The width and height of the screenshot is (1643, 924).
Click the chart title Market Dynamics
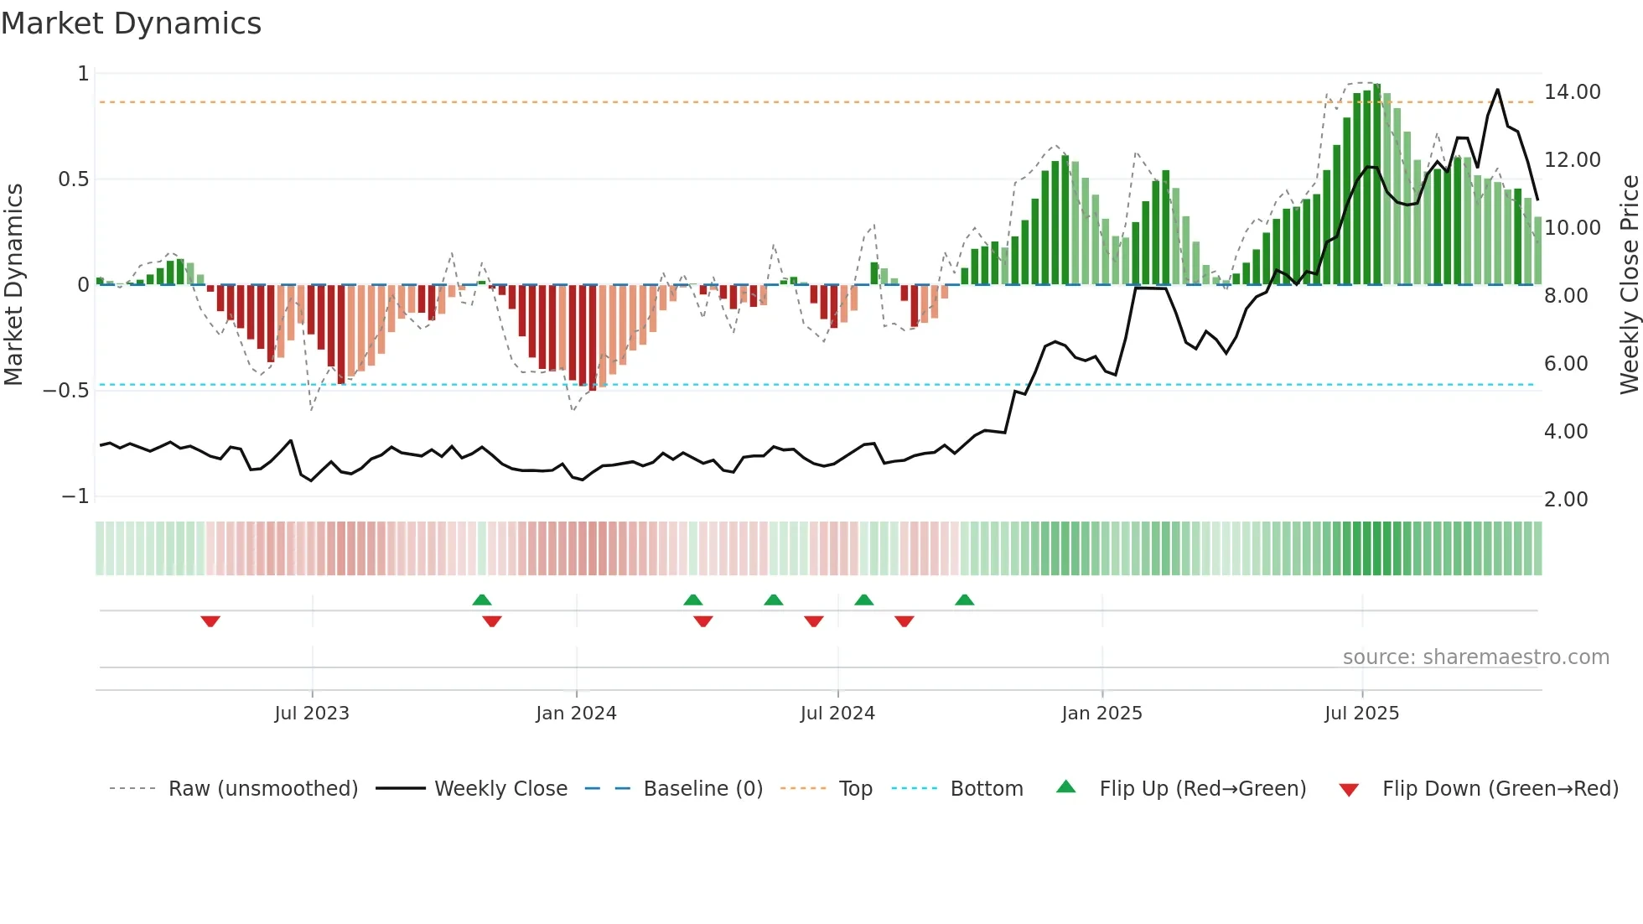pos(132,23)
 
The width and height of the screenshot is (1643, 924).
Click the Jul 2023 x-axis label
pos(312,714)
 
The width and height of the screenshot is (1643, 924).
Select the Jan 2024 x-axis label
pos(576,714)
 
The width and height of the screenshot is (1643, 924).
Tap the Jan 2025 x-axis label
pos(1101,714)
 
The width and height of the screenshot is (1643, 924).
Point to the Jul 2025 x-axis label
pos(1361,714)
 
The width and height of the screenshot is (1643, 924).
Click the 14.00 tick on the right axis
pos(1572,92)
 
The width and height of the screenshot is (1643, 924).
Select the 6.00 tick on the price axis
pos(1566,364)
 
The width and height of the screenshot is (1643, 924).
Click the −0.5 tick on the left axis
pos(66,391)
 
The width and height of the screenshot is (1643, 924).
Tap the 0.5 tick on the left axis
pos(73,179)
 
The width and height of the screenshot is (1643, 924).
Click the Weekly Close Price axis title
pos(1629,285)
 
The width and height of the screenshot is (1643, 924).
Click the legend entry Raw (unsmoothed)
pos(262,789)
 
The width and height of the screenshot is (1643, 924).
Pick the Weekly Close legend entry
pos(500,789)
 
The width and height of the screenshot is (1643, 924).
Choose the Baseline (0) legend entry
pos(702,789)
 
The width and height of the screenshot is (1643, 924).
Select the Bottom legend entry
pos(986,789)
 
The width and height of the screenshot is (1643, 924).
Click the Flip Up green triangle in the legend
pos(1065,787)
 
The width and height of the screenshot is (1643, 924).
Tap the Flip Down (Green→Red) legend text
pos(1500,789)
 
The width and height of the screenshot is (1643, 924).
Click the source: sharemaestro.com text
pos(1475,657)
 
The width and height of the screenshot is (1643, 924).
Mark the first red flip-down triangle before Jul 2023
pos(210,621)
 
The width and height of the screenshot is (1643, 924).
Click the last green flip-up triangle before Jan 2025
pos(964,600)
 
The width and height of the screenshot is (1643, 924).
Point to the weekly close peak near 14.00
pos(1498,90)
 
